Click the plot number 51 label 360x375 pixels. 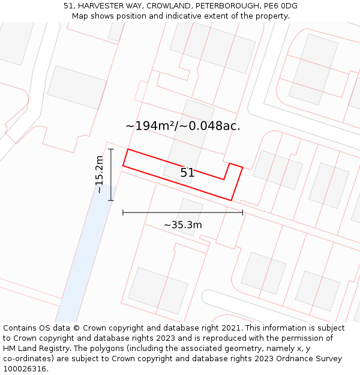(187, 173)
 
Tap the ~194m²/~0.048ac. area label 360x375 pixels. (182, 126)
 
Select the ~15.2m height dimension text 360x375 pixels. (100, 174)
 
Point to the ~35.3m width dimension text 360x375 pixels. (182, 225)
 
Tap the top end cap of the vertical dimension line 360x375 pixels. (111, 149)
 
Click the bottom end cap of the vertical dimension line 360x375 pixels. (111, 200)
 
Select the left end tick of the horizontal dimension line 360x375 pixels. (123, 212)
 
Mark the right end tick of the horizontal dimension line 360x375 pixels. (242, 212)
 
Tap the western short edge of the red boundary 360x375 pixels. (125, 157)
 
